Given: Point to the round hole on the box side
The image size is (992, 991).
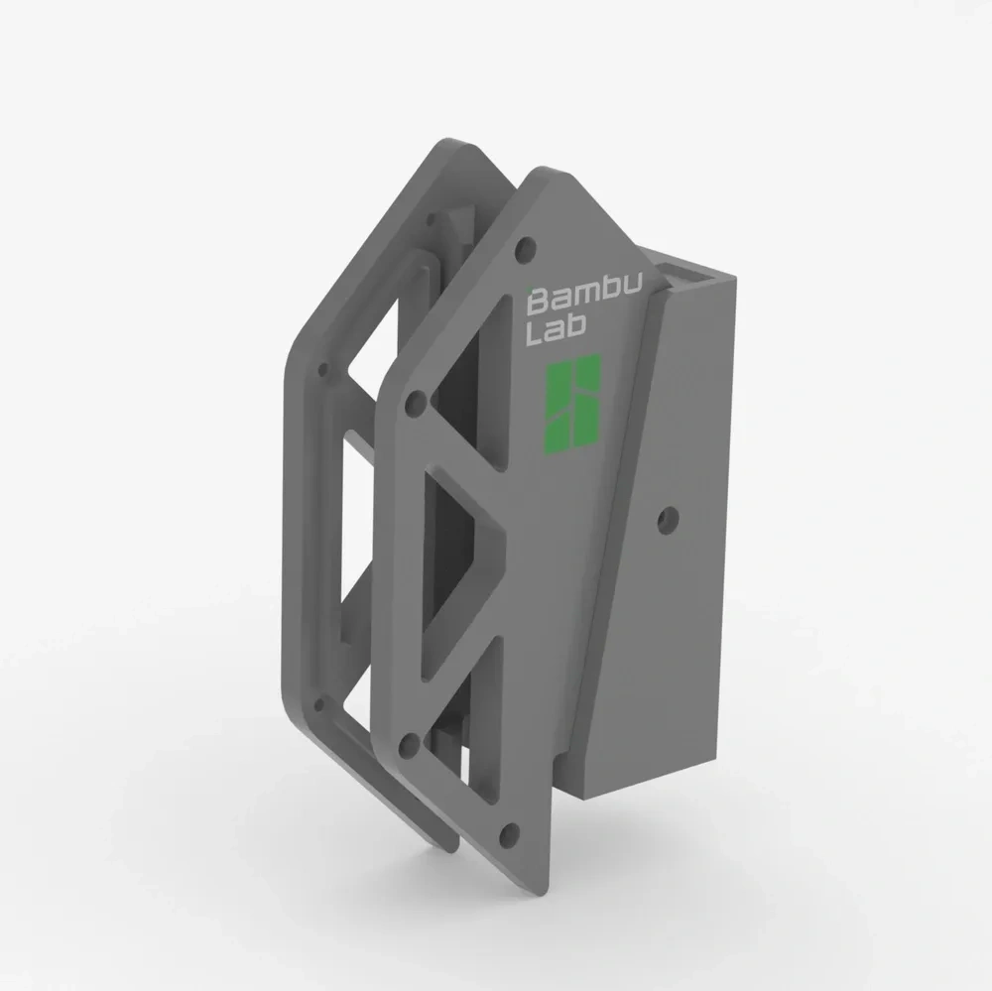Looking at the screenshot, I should point(669,516).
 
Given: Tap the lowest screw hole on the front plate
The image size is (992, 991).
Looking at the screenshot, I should point(510,832).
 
